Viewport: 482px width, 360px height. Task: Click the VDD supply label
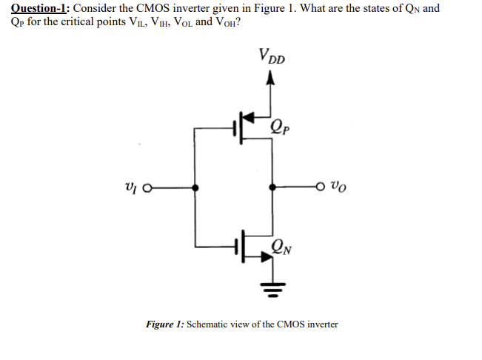pos(273,56)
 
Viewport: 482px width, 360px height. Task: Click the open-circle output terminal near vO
pos(321,188)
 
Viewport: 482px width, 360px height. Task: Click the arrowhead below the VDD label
pos(272,82)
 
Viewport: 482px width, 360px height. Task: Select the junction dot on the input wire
pos(195,188)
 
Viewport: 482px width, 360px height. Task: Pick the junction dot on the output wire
pos(272,188)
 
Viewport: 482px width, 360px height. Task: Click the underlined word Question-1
pos(38,9)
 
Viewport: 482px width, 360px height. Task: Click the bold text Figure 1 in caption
pos(164,324)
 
